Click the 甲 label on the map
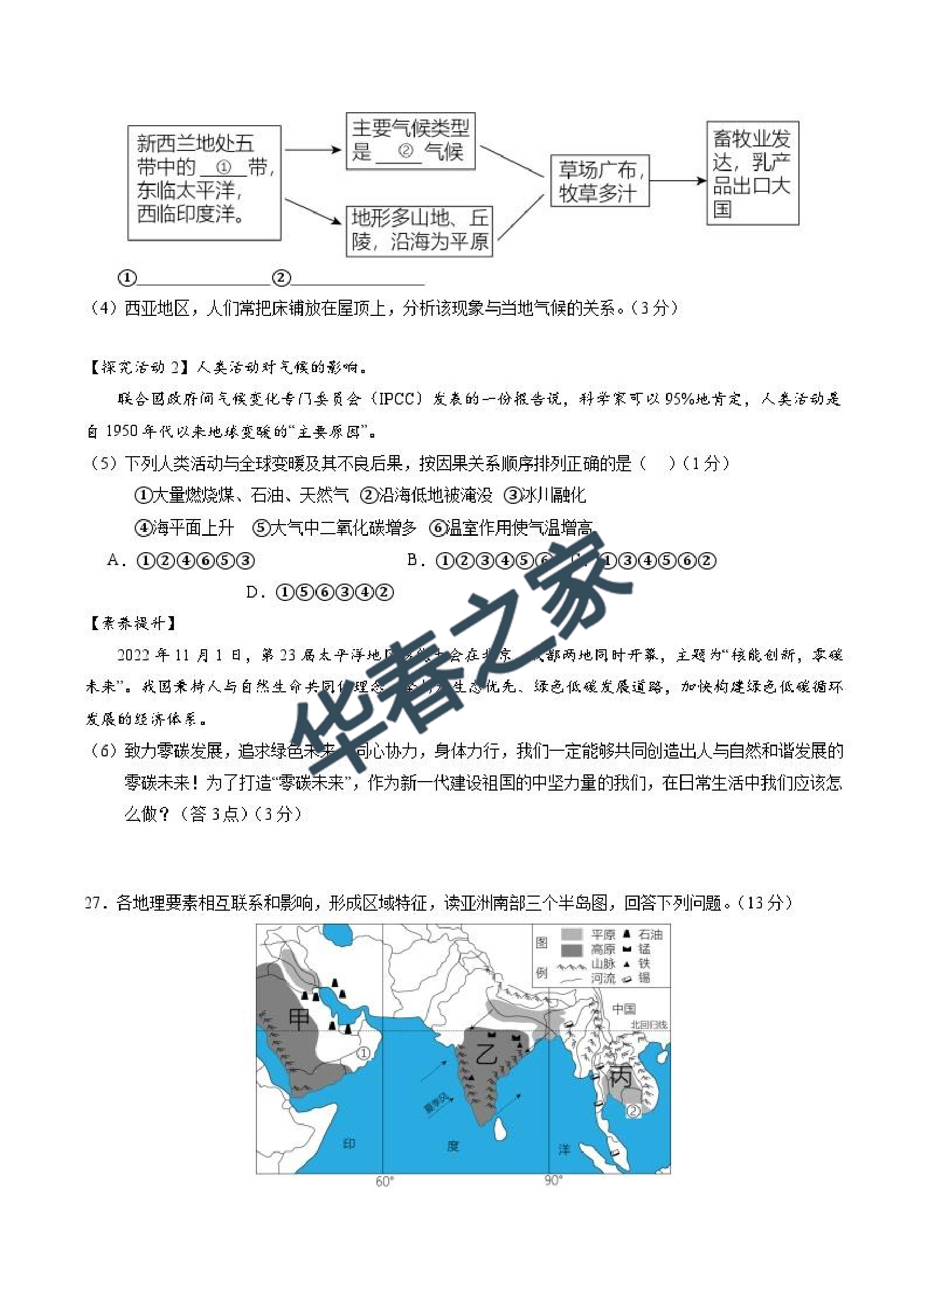point(300,1018)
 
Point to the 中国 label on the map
point(623,1008)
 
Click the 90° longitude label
point(553,1181)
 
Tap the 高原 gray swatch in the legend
point(572,950)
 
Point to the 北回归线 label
point(649,1025)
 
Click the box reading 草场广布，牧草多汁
point(600,181)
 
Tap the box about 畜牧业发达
point(752,173)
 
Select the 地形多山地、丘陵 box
point(419,231)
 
